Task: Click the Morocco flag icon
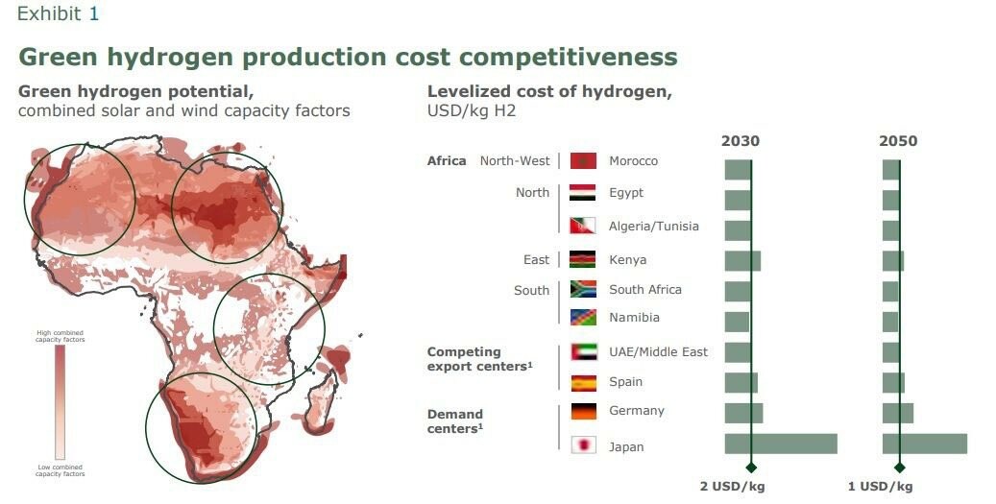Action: click(583, 160)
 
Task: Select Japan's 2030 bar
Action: click(780, 444)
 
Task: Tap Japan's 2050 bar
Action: click(924, 444)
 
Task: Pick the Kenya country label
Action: click(627, 259)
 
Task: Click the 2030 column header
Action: click(741, 141)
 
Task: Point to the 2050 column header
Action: click(898, 141)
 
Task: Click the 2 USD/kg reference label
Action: click(732, 486)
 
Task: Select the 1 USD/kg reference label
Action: click(880, 486)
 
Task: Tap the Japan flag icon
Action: click(583, 445)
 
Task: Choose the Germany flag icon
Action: click(583, 411)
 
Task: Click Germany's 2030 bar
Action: click(743, 413)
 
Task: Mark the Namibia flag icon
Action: click(583, 317)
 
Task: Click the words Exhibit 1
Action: click(58, 14)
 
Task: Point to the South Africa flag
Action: click(583, 289)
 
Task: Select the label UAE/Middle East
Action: click(658, 351)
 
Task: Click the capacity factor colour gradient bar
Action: click(60, 402)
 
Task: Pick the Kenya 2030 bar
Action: click(742, 261)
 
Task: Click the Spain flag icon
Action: click(583, 382)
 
